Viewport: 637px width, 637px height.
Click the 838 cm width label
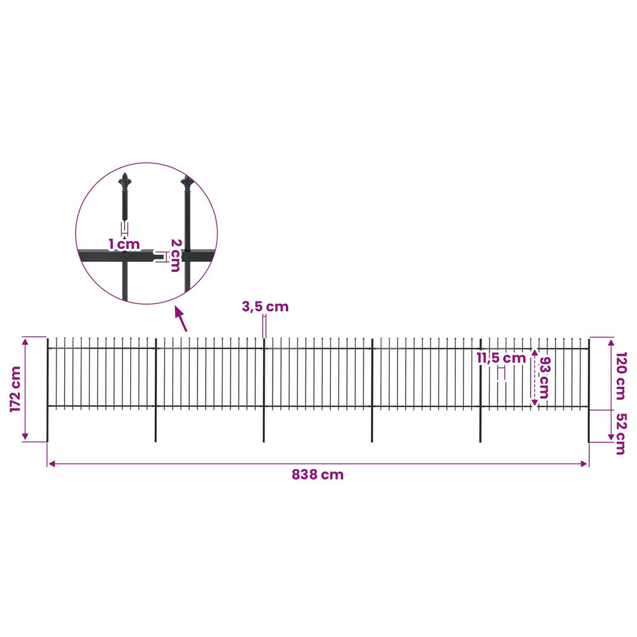(x=318, y=475)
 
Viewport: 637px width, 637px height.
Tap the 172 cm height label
(x=16, y=389)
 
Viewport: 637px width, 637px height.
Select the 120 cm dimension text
(x=621, y=376)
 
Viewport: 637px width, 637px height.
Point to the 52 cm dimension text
(x=621, y=434)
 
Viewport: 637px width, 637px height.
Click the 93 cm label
(x=544, y=378)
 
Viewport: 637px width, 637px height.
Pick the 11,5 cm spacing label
(x=501, y=358)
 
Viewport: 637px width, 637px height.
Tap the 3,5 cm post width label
(x=265, y=307)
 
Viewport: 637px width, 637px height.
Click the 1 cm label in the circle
(x=124, y=244)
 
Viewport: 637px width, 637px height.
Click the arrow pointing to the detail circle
(x=181, y=319)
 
